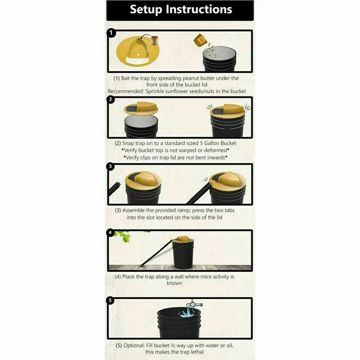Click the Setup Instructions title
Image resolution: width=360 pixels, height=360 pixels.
180,10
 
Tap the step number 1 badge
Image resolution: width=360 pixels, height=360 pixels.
111,33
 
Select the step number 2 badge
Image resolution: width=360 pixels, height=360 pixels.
111,100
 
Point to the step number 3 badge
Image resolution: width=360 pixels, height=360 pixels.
111,166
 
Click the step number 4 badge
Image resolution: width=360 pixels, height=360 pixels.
111,233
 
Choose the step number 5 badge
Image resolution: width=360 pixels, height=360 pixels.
111,300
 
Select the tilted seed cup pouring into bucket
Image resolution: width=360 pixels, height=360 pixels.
200,40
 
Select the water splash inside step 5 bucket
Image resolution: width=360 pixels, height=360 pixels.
186,312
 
